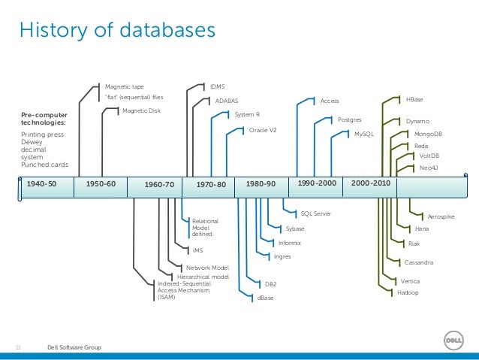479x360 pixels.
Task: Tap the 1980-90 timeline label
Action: tap(261, 183)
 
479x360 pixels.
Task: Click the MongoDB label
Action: tap(428, 133)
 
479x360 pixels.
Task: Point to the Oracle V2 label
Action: tap(263, 129)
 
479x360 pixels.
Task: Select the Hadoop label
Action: tap(408, 293)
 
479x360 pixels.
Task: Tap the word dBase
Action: tap(265, 298)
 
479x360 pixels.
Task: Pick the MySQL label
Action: tap(363, 133)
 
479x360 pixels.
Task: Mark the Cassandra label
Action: tap(418, 262)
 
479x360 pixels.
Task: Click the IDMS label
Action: tap(218, 86)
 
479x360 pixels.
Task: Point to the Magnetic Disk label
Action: tap(141, 110)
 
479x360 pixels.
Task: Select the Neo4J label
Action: tap(429, 167)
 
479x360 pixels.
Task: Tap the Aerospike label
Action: tap(441, 216)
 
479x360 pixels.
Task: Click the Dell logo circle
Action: tap(454, 343)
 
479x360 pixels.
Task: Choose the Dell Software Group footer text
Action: tap(74, 347)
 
